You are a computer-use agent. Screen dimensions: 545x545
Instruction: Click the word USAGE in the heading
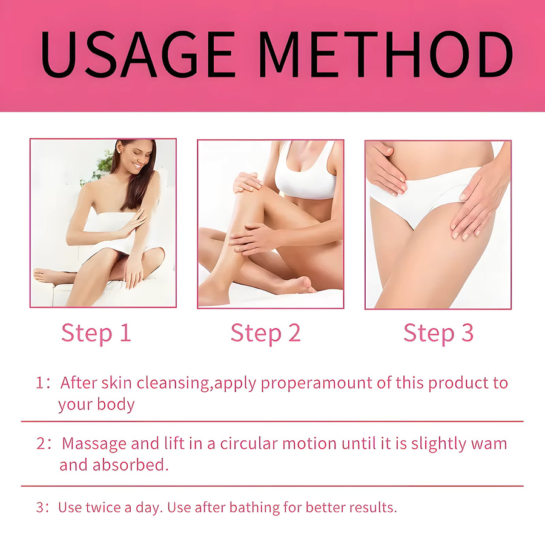coord(137,54)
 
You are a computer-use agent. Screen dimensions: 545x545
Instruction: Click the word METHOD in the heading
coord(386,54)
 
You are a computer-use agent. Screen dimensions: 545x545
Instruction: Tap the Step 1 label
coord(96,333)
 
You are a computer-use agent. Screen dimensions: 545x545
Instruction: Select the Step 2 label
coord(266,333)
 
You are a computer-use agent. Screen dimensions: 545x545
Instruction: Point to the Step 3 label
coord(438,333)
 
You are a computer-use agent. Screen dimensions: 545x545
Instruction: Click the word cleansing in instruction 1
coord(173,383)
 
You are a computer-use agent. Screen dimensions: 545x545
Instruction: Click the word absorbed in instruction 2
coord(130,465)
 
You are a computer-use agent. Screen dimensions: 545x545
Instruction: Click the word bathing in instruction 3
coord(254,508)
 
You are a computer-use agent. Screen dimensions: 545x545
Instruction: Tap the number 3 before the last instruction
coord(40,507)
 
